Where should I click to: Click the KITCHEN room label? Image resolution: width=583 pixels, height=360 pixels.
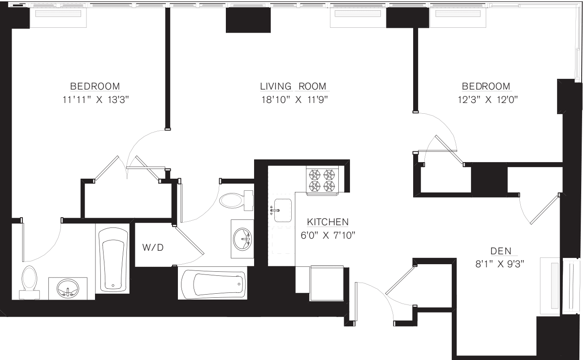tap(328, 222)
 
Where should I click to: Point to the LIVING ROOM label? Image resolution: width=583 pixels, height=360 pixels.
tap(293, 86)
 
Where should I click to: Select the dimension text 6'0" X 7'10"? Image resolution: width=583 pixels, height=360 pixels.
tap(328, 235)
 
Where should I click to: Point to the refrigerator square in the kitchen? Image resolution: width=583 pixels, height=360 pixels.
tap(327, 283)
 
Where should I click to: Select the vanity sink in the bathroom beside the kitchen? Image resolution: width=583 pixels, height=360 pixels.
tap(243, 239)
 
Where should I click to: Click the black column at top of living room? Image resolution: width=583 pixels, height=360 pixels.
tap(248, 20)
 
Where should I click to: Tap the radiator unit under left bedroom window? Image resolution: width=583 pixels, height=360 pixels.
tap(56, 17)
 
